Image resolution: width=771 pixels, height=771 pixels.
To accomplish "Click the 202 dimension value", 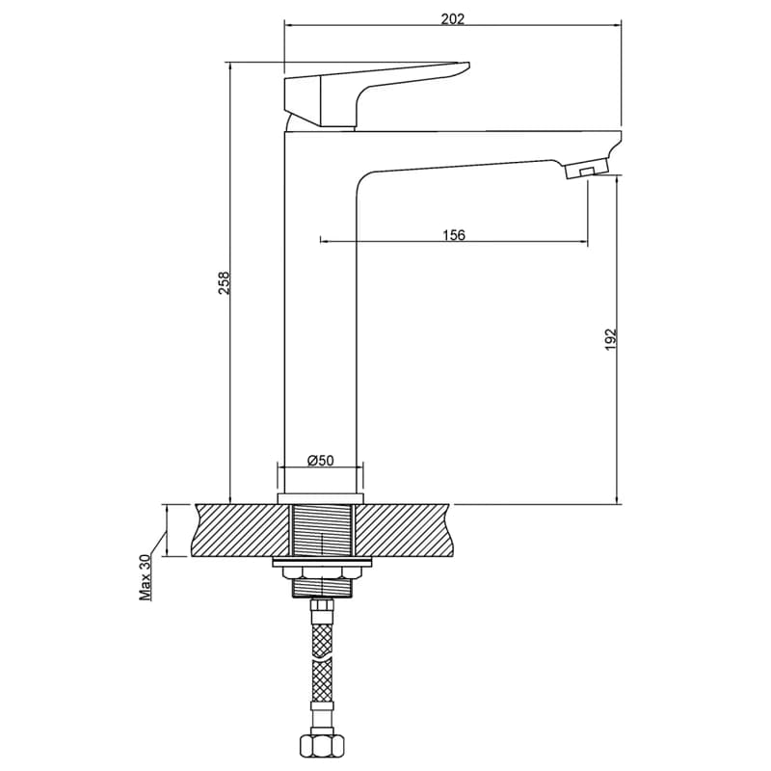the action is coord(452,18).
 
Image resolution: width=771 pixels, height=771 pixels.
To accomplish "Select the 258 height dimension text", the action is coord(225,282).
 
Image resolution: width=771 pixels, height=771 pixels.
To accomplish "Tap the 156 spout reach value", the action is coord(453,234).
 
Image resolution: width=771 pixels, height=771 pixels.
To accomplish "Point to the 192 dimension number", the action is coord(610,339).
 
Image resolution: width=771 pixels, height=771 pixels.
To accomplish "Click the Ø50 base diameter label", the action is coord(320,461).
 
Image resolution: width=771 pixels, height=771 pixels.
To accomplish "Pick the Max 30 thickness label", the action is coord(146,577).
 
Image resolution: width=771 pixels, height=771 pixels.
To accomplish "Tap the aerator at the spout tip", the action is coord(587,168).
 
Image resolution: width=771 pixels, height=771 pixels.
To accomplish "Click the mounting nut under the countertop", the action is coord(321,572).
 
